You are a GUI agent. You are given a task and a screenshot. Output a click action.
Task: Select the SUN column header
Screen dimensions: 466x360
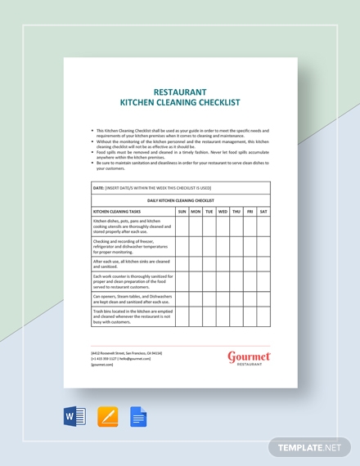point(182,211)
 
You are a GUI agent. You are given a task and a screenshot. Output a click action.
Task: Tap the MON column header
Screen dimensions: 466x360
point(196,211)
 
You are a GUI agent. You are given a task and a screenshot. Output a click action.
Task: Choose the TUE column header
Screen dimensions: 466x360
point(209,211)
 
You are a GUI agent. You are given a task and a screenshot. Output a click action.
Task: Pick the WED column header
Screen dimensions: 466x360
point(223,211)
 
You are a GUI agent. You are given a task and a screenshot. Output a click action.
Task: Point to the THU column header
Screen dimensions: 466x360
point(236,211)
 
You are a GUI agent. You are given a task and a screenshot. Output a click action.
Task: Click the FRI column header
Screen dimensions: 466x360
point(250,211)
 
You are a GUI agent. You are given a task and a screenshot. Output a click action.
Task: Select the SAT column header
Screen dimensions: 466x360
point(263,211)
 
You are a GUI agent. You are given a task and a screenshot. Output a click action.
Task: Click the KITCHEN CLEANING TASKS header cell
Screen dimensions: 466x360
point(119,211)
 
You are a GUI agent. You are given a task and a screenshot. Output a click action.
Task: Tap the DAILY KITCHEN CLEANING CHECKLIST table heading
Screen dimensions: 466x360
point(180,199)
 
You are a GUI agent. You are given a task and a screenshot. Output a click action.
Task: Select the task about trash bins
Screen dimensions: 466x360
point(131,316)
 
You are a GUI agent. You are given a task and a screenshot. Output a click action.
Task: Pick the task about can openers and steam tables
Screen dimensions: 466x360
point(131,299)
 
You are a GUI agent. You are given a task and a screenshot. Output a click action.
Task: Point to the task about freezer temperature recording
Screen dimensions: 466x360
point(131,247)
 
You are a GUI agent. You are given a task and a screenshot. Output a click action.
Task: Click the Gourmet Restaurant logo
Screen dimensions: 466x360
point(249,358)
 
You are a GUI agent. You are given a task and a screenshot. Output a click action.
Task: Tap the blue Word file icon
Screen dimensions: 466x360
point(75,417)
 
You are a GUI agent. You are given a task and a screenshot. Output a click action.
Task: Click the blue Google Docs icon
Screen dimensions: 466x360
point(137,417)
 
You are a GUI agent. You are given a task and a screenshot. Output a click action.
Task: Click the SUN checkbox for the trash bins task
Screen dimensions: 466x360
point(182,316)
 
